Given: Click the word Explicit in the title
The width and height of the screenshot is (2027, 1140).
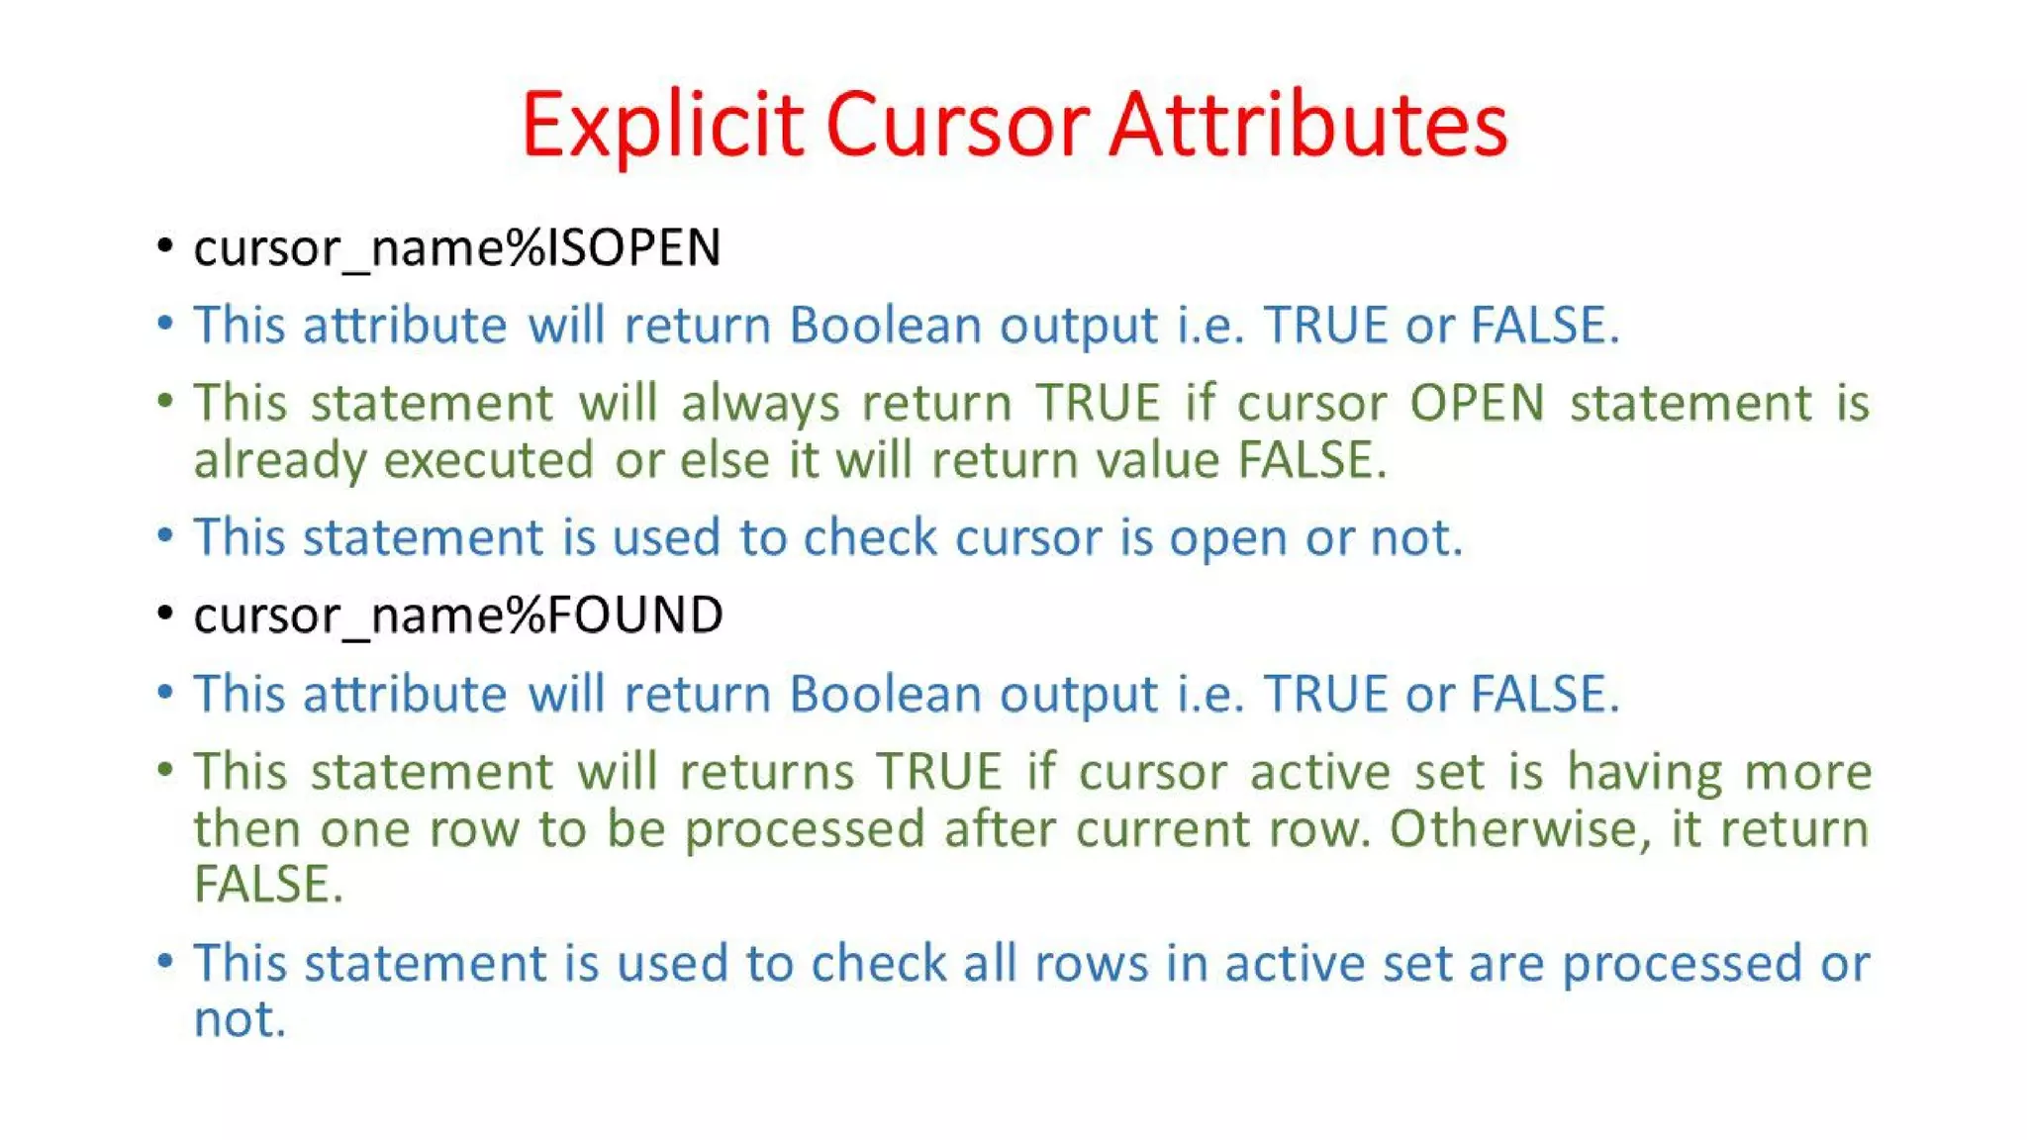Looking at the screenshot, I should [661, 126].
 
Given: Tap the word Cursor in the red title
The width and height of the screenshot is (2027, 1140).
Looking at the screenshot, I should [956, 126].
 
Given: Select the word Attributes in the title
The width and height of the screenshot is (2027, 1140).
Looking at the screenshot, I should [1307, 126].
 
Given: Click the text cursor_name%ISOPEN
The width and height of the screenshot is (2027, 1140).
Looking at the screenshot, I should [457, 247].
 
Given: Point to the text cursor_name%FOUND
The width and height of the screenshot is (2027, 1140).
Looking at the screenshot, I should [458, 616].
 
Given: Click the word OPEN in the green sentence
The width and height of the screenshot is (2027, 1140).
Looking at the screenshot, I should [1477, 403].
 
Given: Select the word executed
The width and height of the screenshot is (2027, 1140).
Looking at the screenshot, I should [488, 460].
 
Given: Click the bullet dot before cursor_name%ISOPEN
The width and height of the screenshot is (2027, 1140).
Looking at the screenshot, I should [165, 244].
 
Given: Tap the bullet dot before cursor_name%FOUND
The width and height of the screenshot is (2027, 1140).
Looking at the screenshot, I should [165, 613].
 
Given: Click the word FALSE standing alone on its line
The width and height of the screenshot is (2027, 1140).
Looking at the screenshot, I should [267, 885].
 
